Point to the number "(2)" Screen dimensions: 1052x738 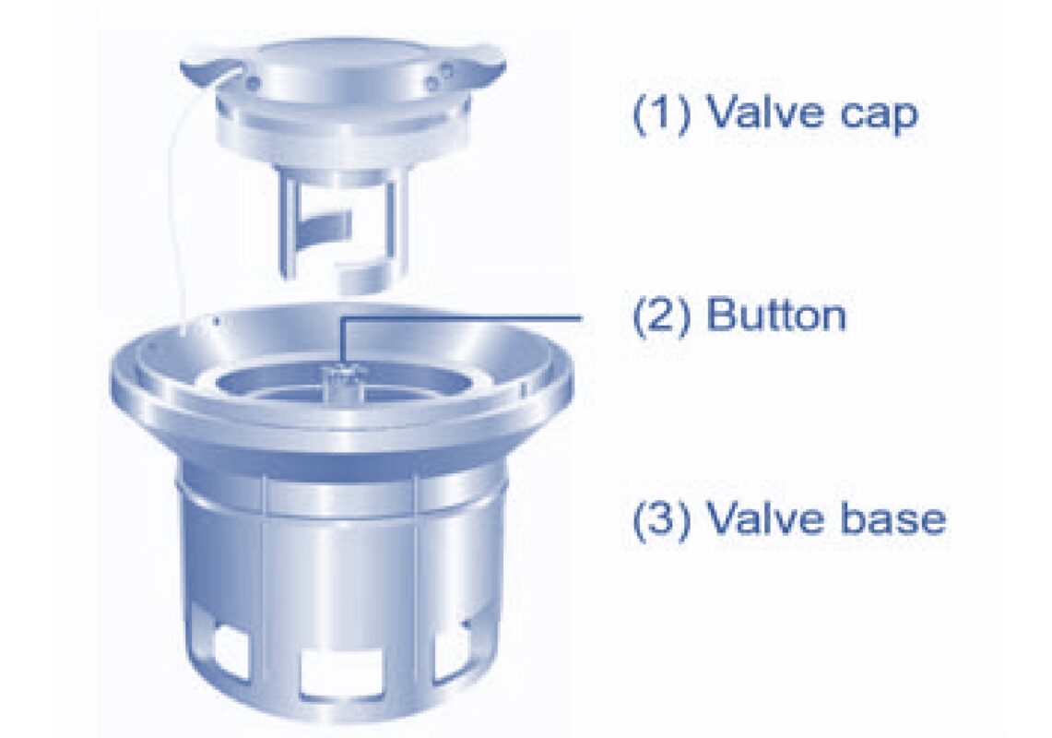pos(661,315)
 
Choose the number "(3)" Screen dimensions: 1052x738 pos(661,519)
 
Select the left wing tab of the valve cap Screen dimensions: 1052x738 pos(208,70)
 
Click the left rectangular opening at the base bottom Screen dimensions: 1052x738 pos(226,647)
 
